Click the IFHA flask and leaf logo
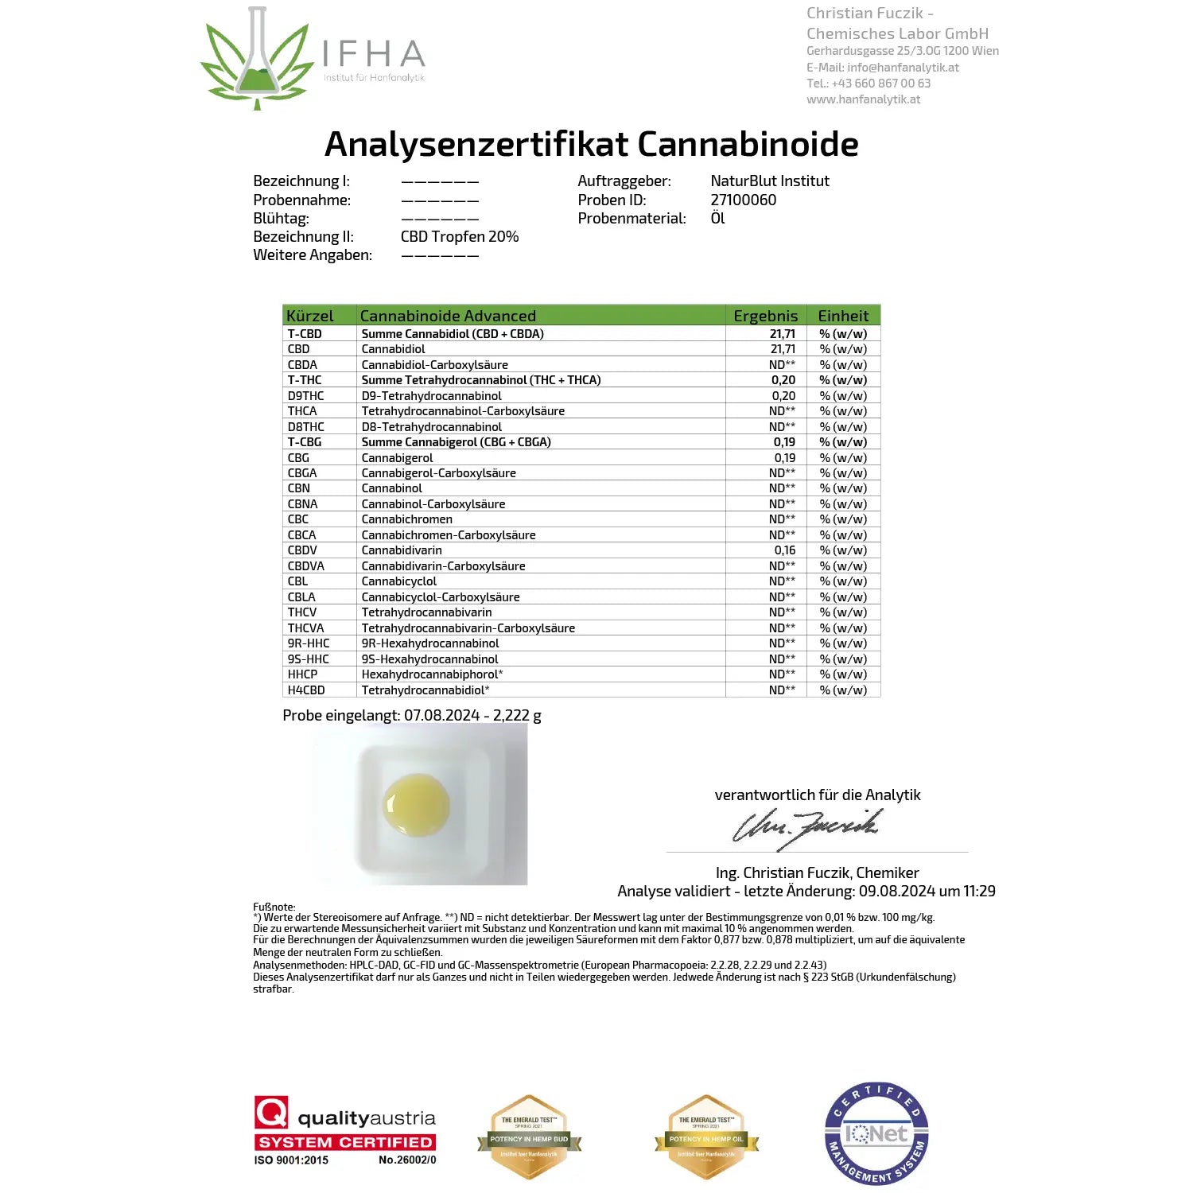[255, 60]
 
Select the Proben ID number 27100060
[743, 200]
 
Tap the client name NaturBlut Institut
[769, 181]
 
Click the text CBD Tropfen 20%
[459, 237]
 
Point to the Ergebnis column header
[765, 316]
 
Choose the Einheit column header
[843, 316]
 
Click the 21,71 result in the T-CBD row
[782, 334]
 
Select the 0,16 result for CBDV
[784, 550]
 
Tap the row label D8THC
[305, 427]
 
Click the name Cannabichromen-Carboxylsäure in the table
[448, 535]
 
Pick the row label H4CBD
[305, 690]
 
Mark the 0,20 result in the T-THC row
[783, 380]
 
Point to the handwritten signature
[805, 827]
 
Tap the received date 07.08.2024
[441, 716]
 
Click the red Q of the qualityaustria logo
[271, 1112]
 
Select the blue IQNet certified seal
[876, 1133]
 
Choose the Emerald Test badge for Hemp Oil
[706, 1137]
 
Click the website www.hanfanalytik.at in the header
[863, 99]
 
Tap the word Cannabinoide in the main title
[748, 145]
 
